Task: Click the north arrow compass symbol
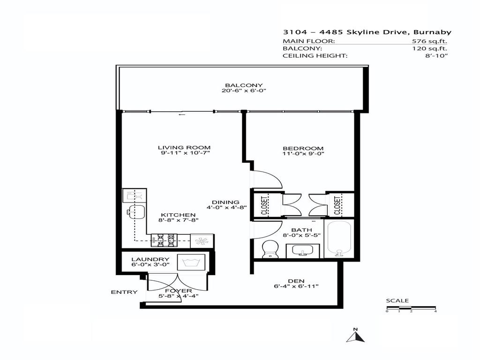355,335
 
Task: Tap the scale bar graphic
411,308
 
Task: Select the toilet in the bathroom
270,249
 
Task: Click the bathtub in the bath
339,240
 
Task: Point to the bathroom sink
303,251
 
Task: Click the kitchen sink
135,211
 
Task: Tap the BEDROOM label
303,148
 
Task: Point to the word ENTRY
124,292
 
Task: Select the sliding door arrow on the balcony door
182,113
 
